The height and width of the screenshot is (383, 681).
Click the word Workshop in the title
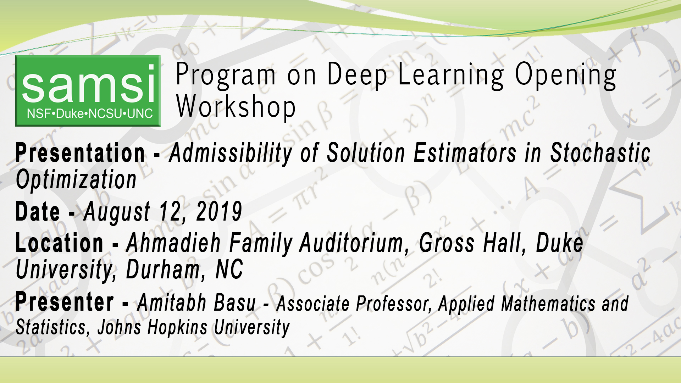coord(236,107)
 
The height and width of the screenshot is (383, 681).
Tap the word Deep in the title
coord(357,74)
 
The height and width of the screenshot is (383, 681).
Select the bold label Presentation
coord(80,153)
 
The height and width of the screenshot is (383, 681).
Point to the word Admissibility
coord(231,153)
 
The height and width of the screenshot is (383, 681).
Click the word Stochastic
coord(600,153)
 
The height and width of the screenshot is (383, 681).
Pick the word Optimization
coord(76,179)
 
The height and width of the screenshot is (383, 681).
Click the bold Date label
coord(38,212)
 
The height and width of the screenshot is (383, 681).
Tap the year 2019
coord(219,212)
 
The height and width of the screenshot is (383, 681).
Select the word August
coord(117,212)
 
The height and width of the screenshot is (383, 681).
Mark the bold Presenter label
coord(65,302)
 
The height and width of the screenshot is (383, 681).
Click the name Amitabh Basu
coord(196,303)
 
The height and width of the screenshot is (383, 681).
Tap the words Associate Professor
coord(353,304)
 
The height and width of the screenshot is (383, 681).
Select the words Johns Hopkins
coord(152,327)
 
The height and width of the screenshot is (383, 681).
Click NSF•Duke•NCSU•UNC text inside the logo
coord(90,114)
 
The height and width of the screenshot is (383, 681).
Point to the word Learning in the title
coord(450,74)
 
